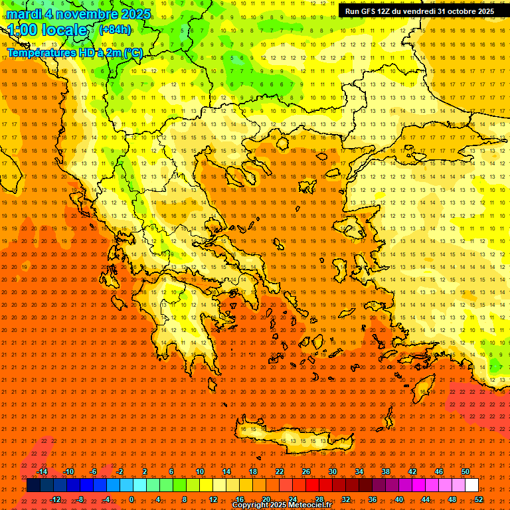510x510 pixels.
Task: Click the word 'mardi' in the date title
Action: point(25,14)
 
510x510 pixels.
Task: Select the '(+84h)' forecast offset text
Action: point(115,30)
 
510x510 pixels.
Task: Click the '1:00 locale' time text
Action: point(48,31)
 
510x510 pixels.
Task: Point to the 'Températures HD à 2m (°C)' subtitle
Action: point(74,52)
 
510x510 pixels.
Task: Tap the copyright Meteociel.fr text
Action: point(282,505)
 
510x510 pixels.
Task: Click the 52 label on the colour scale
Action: point(479,499)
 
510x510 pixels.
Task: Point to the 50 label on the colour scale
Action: point(466,471)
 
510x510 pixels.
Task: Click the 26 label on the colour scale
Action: point(306,471)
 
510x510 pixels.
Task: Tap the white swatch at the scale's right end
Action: point(471,485)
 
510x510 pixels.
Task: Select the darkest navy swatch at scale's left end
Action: point(33,485)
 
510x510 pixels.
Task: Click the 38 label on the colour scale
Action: point(386,471)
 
